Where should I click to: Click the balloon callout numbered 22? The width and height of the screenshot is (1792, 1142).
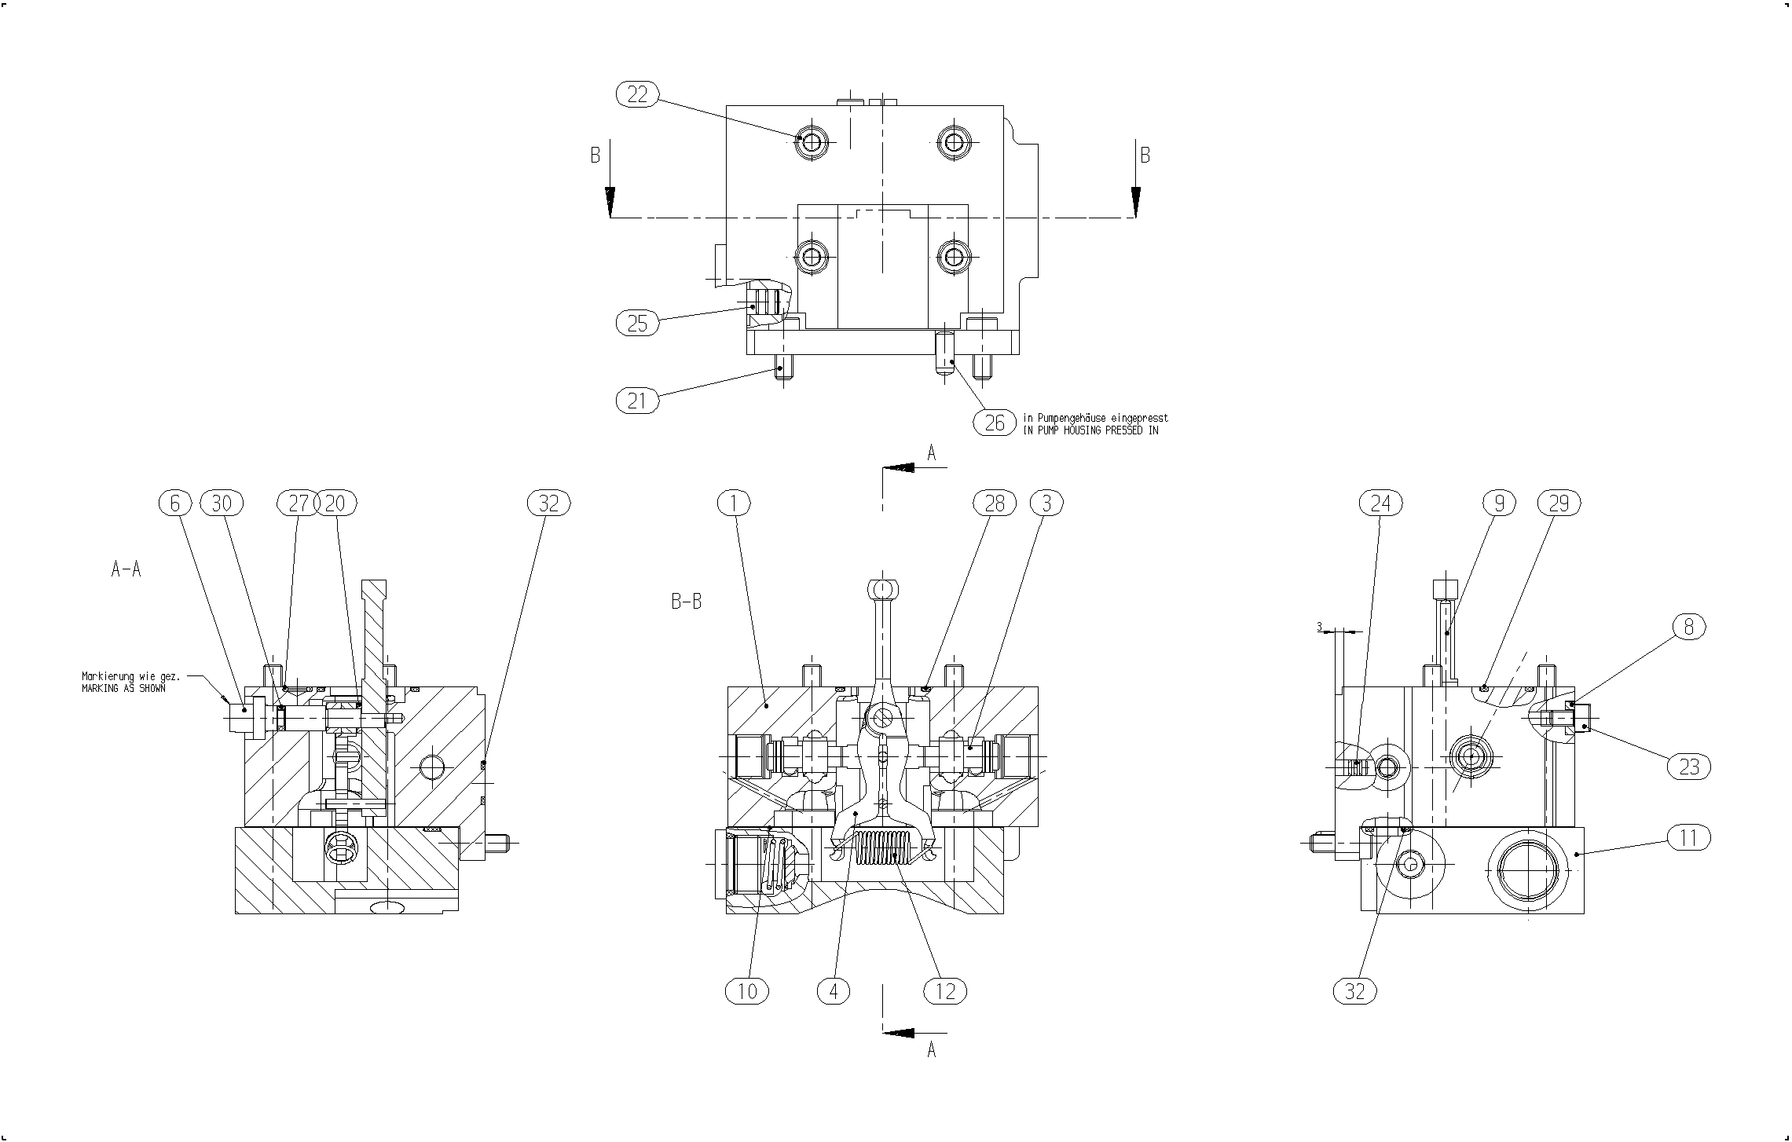coord(637,95)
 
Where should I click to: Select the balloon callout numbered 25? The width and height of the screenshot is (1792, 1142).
coord(637,324)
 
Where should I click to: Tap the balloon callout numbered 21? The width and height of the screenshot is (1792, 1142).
coord(637,401)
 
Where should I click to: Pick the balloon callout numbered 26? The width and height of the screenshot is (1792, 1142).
coord(995,423)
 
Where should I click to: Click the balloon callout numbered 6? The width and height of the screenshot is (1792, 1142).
coord(175,503)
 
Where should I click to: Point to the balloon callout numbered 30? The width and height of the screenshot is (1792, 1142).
coord(222,503)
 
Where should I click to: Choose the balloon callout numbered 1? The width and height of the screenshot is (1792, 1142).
coord(735,503)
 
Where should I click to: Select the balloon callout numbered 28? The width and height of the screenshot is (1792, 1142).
coord(995,503)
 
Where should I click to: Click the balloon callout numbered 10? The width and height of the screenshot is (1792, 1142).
coord(747,991)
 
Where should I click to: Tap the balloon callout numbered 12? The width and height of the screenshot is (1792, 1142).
coord(945,991)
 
